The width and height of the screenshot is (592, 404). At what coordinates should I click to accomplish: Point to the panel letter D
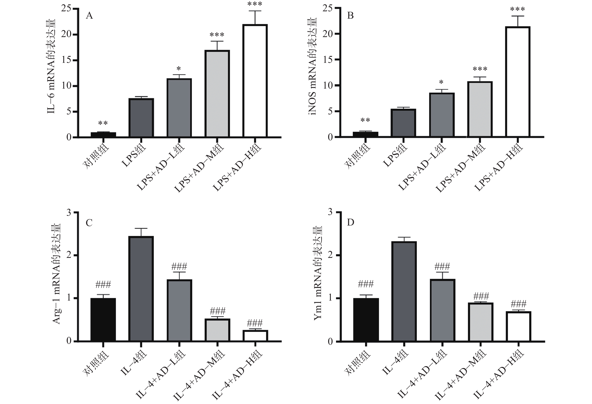(351, 223)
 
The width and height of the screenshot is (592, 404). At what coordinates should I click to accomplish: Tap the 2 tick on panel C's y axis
(69, 255)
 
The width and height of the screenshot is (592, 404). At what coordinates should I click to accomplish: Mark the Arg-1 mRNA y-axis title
(57, 274)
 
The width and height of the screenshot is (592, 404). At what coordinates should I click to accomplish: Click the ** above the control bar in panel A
(103, 124)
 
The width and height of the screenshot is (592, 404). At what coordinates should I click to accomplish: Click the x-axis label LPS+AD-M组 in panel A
(199, 168)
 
